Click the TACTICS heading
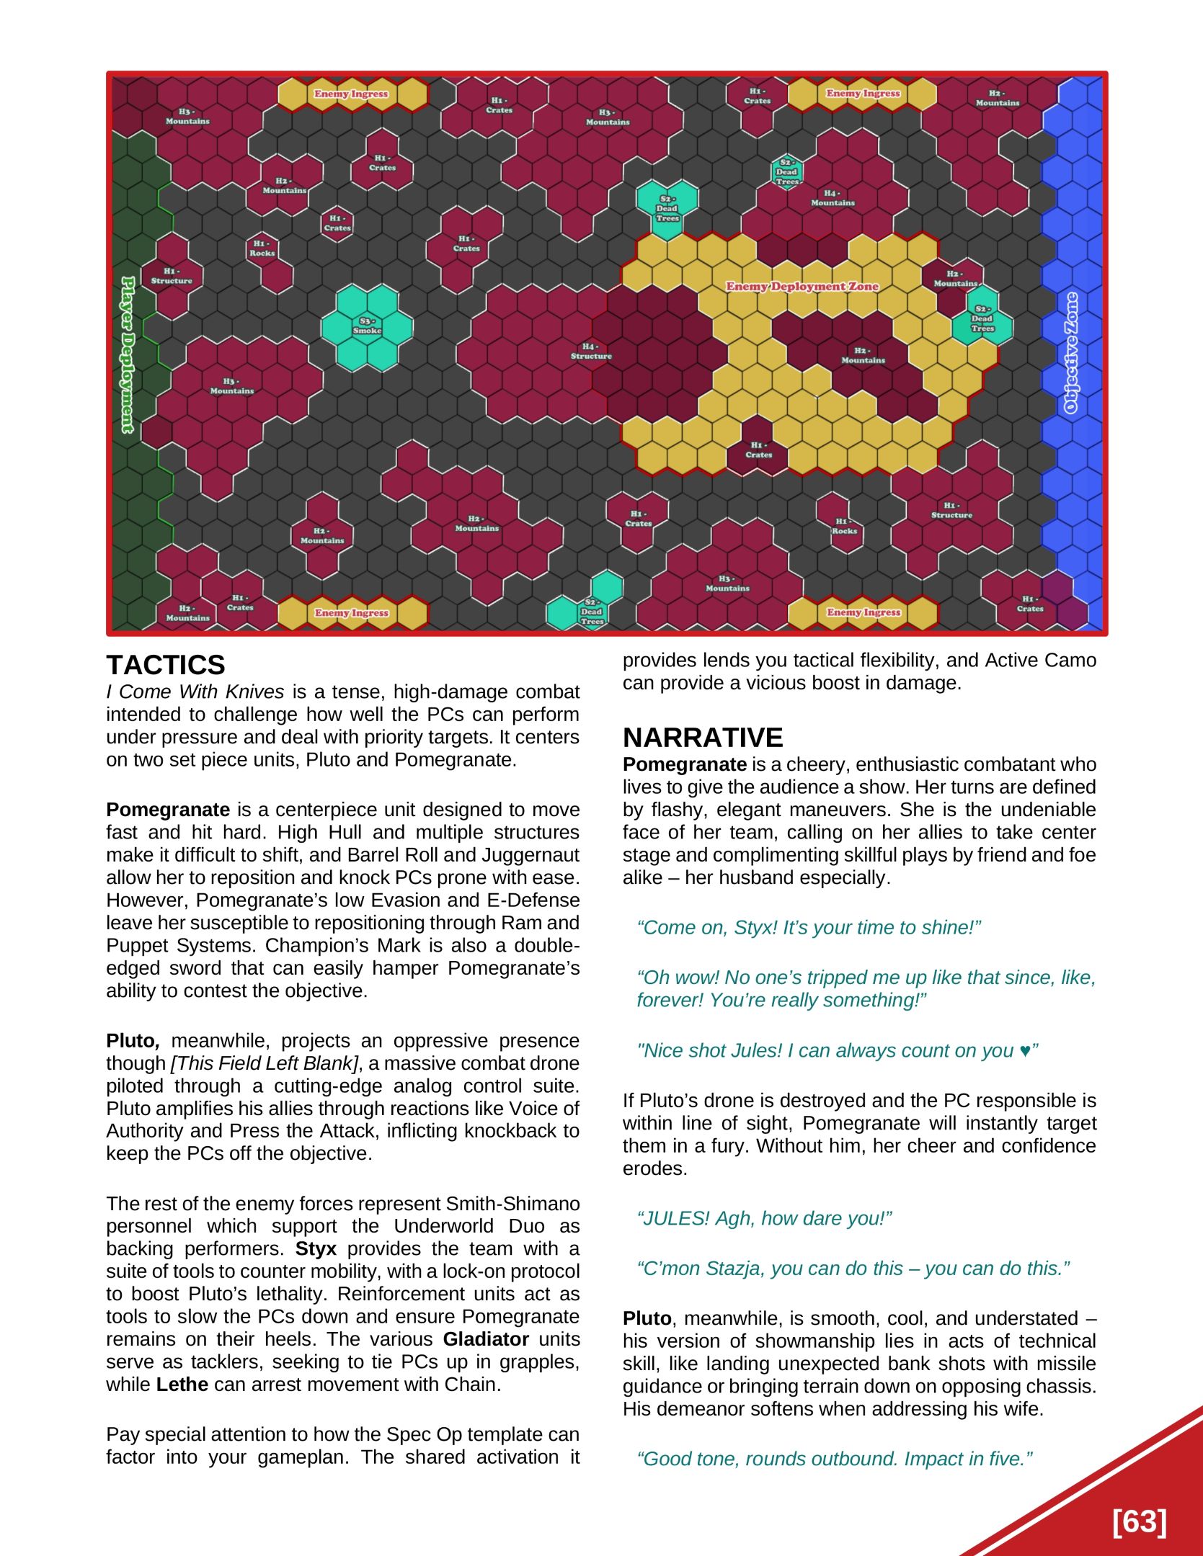pyautogui.click(x=165, y=665)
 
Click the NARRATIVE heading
pyautogui.click(x=702, y=738)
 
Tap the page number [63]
pyautogui.click(x=1139, y=1522)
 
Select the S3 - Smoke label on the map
pyautogui.click(x=367, y=326)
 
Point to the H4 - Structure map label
pyautogui.click(x=591, y=352)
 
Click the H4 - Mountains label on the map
pyautogui.click(x=833, y=198)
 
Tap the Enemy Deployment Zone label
pyautogui.click(x=802, y=287)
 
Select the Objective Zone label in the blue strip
pyautogui.click(x=1072, y=353)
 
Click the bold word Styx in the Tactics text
pyautogui.click(x=316, y=1248)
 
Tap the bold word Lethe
pyautogui.click(x=182, y=1385)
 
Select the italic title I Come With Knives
pyautogui.click(x=195, y=692)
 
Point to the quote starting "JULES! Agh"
pyautogui.click(x=764, y=1218)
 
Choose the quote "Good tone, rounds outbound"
pyautogui.click(x=834, y=1459)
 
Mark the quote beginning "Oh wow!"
pyautogui.click(x=865, y=988)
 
